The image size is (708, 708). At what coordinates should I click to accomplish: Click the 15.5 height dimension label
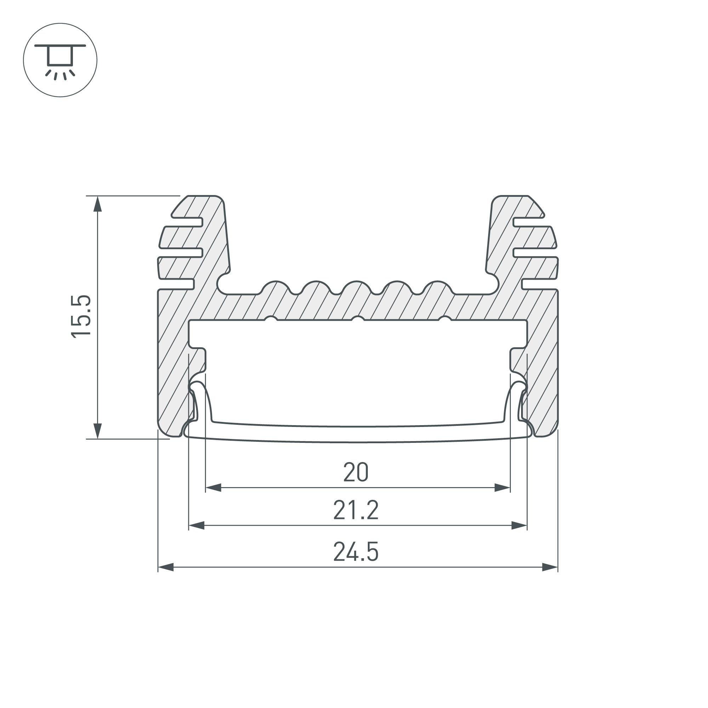pyautogui.click(x=81, y=316)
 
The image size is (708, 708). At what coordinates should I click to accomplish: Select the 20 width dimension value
pyautogui.click(x=356, y=472)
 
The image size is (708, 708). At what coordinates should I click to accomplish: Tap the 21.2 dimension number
pyautogui.click(x=356, y=510)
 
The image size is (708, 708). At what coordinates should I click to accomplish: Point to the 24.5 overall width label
pyautogui.click(x=356, y=552)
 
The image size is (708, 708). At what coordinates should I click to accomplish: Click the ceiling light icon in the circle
pyautogui.click(x=60, y=61)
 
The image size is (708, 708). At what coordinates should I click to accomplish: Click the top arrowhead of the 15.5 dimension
pyautogui.click(x=97, y=204)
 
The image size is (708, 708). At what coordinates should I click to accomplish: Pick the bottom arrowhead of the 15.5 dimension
pyautogui.click(x=97, y=430)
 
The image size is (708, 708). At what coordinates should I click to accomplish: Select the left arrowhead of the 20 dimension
pyautogui.click(x=213, y=488)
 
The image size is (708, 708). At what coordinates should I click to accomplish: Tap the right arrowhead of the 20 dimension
pyautogui.click(x=502, y=488)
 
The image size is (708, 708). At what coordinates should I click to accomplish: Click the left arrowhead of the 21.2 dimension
pyautogui.click(x=196, y=525)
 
